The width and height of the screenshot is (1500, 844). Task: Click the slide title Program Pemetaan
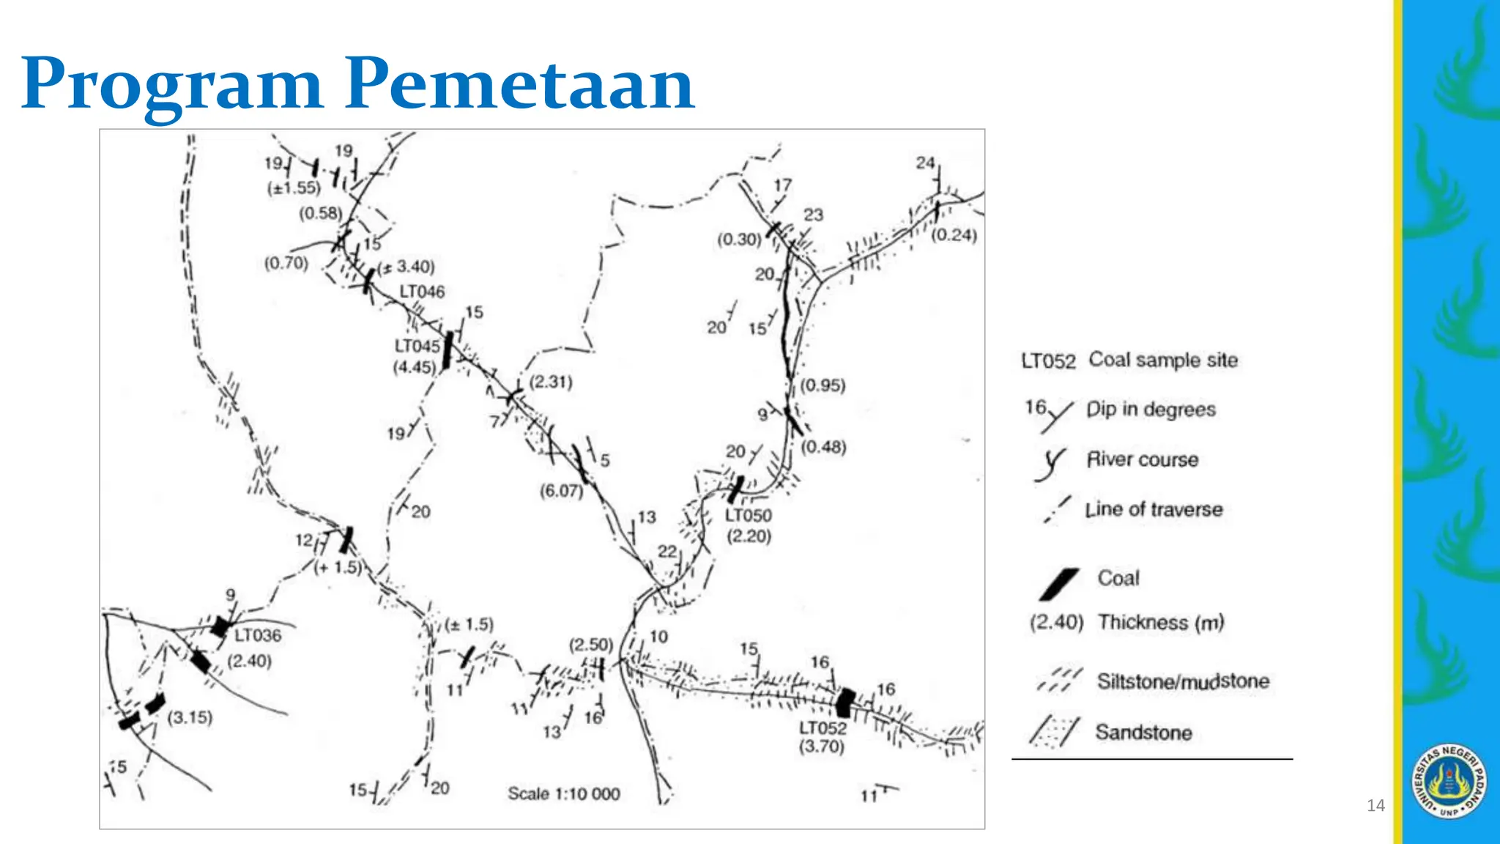(x=358, y=84)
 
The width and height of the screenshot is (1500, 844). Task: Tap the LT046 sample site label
(x=422, y=292)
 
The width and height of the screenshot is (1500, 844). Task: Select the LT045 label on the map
(x=417, y=346)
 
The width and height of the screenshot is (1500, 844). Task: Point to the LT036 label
(x=258, y=635)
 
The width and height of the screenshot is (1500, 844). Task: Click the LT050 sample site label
(x=749, y=516)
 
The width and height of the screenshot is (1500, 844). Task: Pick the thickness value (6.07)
(x=561, y=491)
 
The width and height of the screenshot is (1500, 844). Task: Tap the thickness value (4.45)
(x=415, y=366)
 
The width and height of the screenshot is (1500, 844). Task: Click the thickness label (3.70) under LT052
(x=822, y=747)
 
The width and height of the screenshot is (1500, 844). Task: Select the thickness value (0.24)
(x=954, y=235)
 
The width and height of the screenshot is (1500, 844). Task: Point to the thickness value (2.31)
(x=551, y=382)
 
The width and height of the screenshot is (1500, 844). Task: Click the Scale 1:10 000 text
(x=564, y=793)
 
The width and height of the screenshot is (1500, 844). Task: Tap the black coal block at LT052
(x=845, y=702)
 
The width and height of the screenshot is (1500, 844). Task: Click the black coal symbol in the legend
(x=1058, y=584)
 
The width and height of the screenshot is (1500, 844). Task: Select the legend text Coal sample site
(x=1163, y=360)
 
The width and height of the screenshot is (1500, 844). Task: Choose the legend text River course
(x=1143, y=459)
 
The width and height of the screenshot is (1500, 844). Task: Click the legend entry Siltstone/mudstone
(x=1183, y=681)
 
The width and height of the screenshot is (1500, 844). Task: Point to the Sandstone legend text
(x=1143, y=732)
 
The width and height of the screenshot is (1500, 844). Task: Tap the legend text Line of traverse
(x=1154, y=509)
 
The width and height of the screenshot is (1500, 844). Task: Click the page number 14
(x=1375, y=806)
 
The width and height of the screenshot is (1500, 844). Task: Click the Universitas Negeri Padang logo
(x=1449, y=781)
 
